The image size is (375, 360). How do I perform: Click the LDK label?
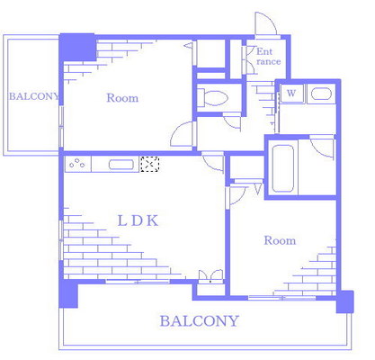click(x=138, y=221)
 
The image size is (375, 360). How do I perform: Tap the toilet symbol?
click(x=212, y=97)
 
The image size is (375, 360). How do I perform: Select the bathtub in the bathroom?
click(x=282, y=168)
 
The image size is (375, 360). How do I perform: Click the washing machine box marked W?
click(x=291, y=94)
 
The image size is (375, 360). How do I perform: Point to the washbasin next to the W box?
click(x=321, y=94)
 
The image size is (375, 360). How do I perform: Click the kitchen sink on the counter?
click(x=121, y=165)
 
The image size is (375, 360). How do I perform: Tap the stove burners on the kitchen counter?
click(x=78, y=164)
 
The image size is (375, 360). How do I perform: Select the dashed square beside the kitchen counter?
click(x=150, y=164)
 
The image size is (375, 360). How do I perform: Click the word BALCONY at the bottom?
click(x=200, y=321)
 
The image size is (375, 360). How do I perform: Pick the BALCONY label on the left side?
click(x=34, y=96)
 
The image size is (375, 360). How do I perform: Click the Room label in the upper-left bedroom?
click(x=122, y=98)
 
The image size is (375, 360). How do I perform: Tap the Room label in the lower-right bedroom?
click(x=280, y=240)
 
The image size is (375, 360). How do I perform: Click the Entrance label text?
click(x=268, y=57)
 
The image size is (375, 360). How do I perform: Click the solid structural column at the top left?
click(x=77, y=47)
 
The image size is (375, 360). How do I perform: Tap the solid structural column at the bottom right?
click(x=345, y=301)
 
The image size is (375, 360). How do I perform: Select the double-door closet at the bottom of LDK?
click(x=211, y=276)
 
